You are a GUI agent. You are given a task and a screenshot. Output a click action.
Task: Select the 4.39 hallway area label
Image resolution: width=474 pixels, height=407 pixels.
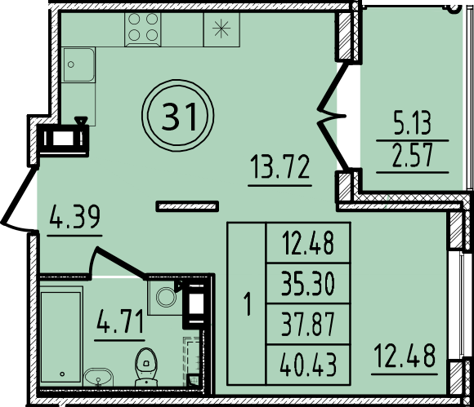pos(74,219)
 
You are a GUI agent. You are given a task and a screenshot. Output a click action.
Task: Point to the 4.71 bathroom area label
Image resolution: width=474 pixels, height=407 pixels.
pos(120,321)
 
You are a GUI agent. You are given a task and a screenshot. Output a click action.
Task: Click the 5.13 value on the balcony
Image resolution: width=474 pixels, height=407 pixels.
pos(412,124)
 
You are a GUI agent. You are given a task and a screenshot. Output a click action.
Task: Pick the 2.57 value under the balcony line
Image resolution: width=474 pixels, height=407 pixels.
pos(412,156)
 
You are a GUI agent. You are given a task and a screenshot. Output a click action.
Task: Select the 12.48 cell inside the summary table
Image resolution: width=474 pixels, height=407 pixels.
pos(307,244)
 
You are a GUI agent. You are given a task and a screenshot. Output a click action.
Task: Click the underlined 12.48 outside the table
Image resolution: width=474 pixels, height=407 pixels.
pos(405,356)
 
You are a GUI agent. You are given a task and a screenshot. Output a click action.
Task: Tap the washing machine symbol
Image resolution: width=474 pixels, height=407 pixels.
pos(165,297)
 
